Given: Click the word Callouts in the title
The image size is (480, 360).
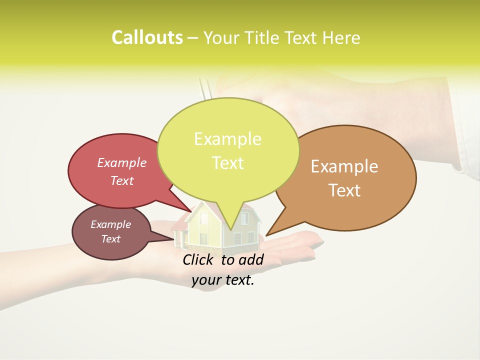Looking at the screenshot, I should click(x=147, y=37).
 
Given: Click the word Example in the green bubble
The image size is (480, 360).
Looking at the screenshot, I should click(x=227, y=139).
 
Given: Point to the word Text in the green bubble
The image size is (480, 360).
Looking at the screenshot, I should click(x=227, y=163).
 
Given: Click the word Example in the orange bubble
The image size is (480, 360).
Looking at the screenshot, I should click(x=344, y=166).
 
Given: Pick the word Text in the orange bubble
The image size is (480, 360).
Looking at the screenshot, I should click(x=344, y=190).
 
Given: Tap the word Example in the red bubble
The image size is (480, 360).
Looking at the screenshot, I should click(x=122, y=163).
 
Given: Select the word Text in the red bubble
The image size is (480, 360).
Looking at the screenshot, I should click(x=122, y=180).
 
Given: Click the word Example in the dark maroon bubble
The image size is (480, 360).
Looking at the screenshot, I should click(x=111, y=224).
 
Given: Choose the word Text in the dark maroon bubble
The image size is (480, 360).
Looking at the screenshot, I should click(x=111, y=239).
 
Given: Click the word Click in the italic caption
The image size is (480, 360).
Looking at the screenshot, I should click(x=197, y=259).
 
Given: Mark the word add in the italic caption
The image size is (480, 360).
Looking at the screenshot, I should click(x=251, y=259).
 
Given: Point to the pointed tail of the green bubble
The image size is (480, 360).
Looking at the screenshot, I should click(x=231, y=227).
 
